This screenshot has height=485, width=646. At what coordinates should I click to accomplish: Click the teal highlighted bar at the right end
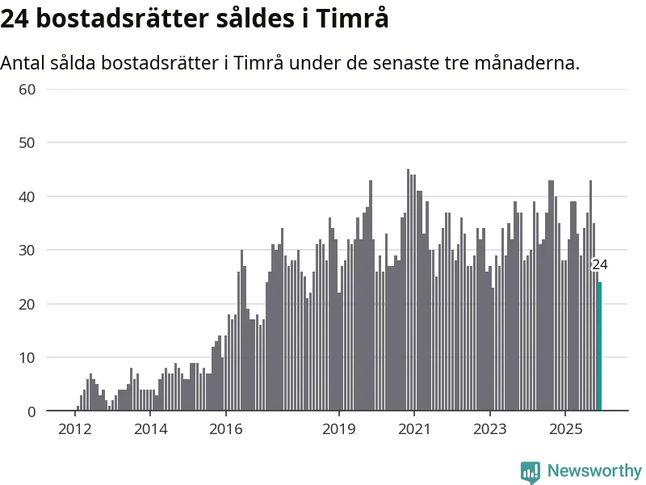point(599,347)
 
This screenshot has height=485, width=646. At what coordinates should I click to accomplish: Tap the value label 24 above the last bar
point(599,264)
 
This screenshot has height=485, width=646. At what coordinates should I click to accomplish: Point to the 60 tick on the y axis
point(27,89)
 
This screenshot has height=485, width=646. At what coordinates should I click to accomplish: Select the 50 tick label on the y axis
point(27,143)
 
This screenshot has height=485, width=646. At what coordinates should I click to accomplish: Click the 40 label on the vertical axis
point(27,196)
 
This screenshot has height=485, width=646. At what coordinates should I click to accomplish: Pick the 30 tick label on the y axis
point(27,251)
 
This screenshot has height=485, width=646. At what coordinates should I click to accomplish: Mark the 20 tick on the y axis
point(27,304)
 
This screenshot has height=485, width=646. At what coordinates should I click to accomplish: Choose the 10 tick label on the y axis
point(27,358)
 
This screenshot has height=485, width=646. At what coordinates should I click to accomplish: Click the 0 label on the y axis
point(31,411)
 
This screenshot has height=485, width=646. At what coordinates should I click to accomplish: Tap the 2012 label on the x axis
point(74,428)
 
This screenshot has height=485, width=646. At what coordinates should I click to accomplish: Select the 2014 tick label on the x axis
point(150,428)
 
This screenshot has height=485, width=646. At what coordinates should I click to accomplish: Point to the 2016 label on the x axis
point(226,428)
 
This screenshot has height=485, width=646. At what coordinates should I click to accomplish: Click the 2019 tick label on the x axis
point(339,428)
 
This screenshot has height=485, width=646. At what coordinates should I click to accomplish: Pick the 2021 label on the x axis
point(414,428)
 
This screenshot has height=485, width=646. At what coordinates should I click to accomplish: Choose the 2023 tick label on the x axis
point(489,428)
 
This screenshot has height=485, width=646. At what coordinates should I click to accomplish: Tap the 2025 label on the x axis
point(565,428)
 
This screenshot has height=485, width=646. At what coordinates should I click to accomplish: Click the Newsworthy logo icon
point(531,471)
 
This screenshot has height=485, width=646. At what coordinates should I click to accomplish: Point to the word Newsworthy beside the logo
point(594,470)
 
